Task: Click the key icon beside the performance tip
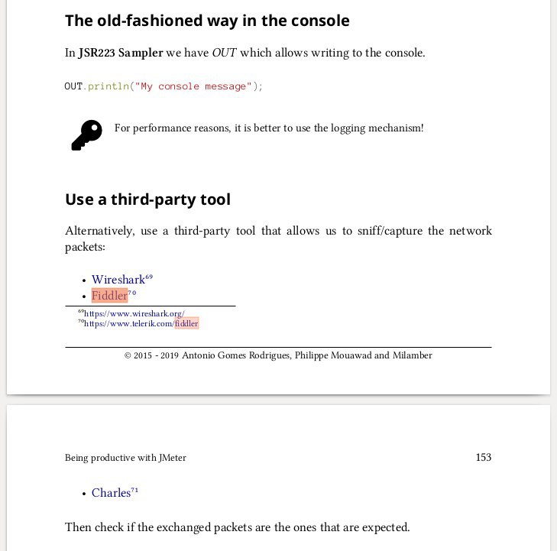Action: pyautogui.click(x=86, y=135)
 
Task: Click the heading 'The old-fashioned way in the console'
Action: pyautogui.click(x=207, y=21)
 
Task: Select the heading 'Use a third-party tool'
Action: pyautogui.click(x=147, y=199)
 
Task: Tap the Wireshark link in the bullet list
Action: pyautogui.click(x=118, y=280)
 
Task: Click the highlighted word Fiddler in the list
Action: pyautogui.click(x=109, y=296)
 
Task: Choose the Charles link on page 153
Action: pyautogui.click(x=111, y=493)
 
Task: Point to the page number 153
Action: pyautogui.click(x=483, y=458)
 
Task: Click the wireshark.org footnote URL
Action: pyautogui.click(x=134, y=313)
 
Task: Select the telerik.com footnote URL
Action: pyautogui.click(x=141, y=324)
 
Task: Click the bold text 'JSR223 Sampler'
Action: pyautogui.click(x=121, y=53)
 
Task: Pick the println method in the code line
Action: pyautogui.click(x=108, y=86)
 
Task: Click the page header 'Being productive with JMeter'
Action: pyautogui.click(x=125, y=458)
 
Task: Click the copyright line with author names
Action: pyautogui.click(x=278, y=355)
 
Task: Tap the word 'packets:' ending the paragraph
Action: pyautogui.click(x=85, y=247)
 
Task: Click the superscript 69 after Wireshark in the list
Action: pyautogui.click(x=149, y=276)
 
